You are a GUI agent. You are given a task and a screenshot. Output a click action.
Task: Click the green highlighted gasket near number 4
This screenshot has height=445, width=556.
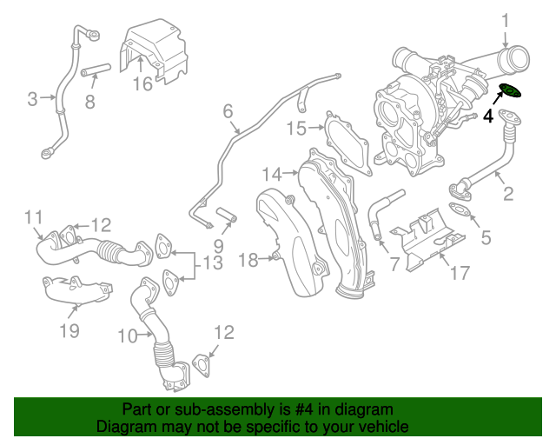pos(510,90)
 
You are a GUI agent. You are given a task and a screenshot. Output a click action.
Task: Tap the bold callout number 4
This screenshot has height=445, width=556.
pos(488,116)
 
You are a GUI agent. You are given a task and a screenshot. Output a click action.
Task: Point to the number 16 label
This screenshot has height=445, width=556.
pos(142,83)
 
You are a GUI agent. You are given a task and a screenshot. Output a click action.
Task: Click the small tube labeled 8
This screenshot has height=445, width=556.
pos(97,70)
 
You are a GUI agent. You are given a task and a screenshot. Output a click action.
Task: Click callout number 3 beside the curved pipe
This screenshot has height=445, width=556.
pos(32,99)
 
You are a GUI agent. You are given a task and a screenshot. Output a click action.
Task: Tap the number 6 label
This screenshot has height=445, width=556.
pos(228,111)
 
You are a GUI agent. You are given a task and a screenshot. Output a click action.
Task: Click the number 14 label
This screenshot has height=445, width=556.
pos(272,173)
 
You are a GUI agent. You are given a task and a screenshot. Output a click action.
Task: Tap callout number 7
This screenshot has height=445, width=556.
pos(394,262)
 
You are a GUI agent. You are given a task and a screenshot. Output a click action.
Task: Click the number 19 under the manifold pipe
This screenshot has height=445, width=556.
pos(69,330)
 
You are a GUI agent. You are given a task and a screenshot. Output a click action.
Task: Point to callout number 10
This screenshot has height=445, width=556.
pos(128,335)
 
